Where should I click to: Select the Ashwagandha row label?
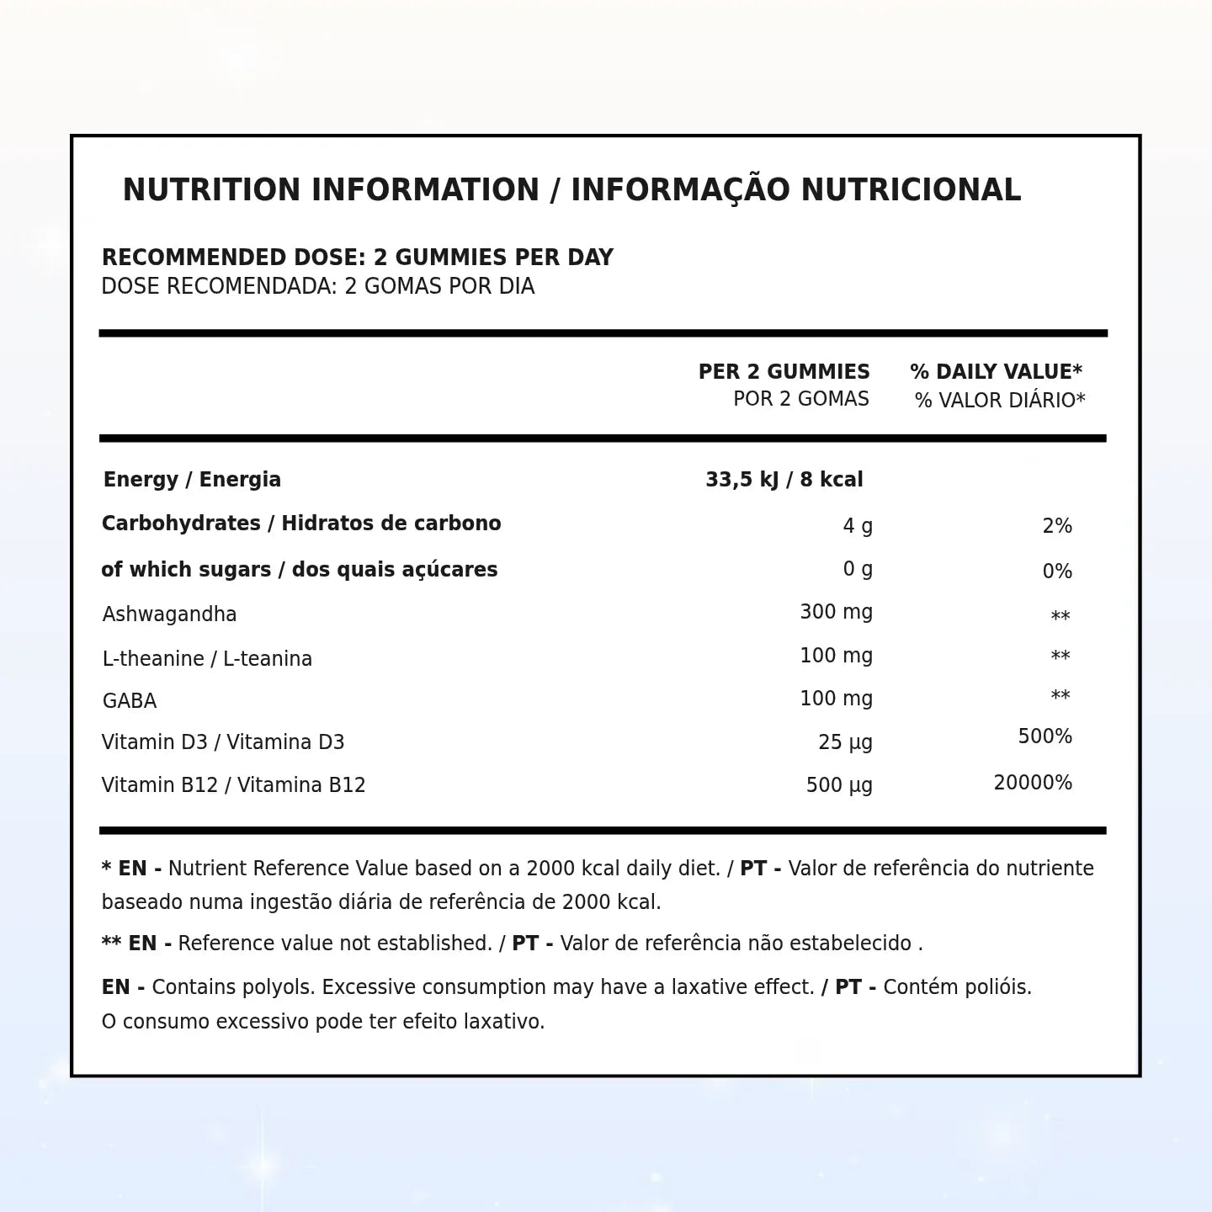[169, 614]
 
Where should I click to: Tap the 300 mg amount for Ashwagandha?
[836, 612]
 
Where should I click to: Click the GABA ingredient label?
[130, 701]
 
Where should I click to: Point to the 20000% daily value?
[1033, 784]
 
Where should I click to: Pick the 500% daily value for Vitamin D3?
[1045, 737]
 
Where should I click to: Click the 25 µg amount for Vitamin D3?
[845, 742]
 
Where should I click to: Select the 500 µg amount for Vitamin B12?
[839, 785]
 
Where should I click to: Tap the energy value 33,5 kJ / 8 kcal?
[784, 480]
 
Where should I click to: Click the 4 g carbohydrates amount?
[858, 527]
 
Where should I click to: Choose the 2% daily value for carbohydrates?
[1056, 527]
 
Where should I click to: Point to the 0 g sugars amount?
[858, 570]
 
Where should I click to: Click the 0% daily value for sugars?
[1056, 572]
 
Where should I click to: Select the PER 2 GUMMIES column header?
[784, 372]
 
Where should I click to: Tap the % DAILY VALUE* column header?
[996, 372]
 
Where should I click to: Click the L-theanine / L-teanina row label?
[207, 659]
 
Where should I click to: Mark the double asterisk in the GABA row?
[1060, 697]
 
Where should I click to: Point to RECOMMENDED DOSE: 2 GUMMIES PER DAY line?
[357, 258]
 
